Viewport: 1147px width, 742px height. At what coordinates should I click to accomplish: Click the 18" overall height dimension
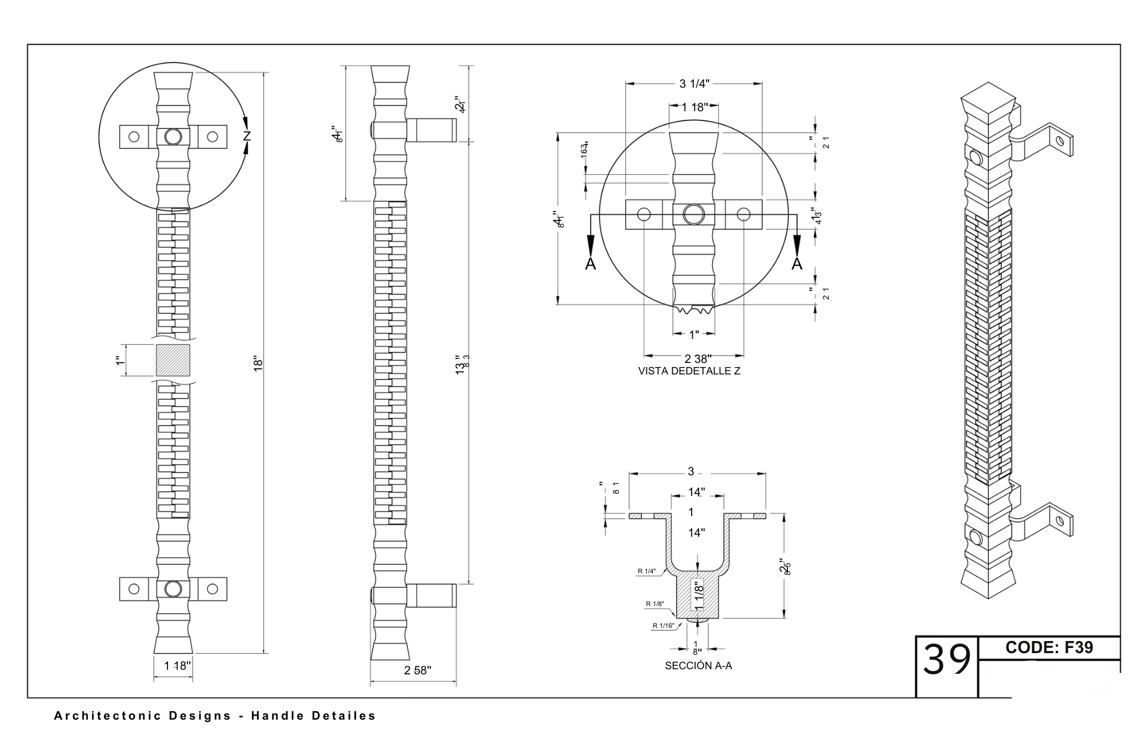coord(258,364)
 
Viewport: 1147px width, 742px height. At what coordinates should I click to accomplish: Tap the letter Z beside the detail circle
coord(247,136)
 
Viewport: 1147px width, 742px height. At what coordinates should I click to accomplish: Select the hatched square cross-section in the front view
coord(173,360)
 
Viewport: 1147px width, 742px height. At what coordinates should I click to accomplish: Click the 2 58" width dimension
coord(418,670)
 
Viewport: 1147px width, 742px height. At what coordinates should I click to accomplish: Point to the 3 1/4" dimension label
coord(694,84)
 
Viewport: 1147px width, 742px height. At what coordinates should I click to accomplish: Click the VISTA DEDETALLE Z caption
coord(689,371)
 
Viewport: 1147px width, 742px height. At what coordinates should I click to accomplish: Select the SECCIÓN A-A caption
coord(698,666)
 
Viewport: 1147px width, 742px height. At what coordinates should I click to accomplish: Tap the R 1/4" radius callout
coord(646,571)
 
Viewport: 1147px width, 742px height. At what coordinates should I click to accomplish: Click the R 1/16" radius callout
coord(663,626)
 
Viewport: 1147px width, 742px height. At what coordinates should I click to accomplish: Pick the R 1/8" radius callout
coord(654,604)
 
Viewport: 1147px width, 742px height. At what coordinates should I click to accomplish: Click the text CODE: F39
coord(1049,647)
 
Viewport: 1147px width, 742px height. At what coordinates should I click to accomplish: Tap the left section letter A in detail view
coord(590,264)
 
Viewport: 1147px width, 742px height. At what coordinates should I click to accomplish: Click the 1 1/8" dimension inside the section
coord(698,596)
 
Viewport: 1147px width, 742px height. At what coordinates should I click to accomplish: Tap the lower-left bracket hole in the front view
coord(134,589)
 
